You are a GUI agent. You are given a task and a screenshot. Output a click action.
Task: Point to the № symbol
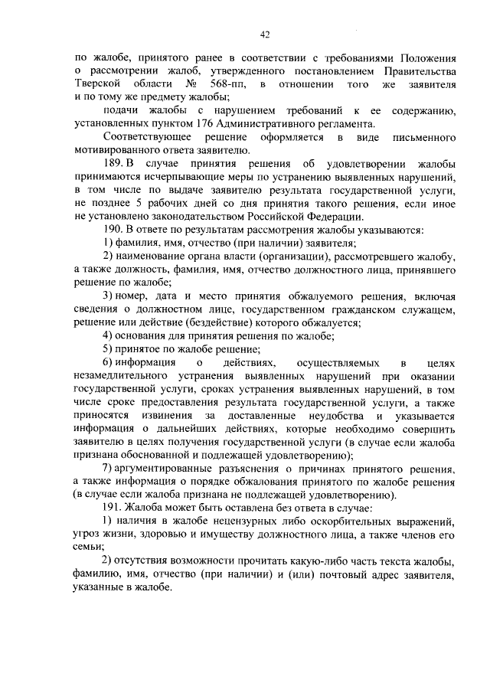(x=190, y=83)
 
